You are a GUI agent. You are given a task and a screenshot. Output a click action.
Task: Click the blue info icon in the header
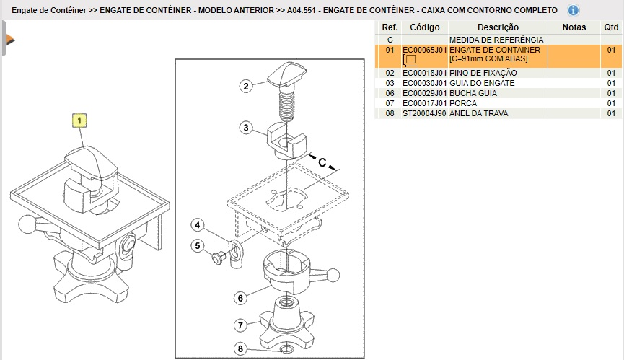[573, 10]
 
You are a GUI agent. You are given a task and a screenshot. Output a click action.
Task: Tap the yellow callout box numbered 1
[79, 120]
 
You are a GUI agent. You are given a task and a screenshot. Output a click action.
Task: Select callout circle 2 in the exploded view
[246, 87]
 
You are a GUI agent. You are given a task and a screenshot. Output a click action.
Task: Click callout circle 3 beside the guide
[246, 128]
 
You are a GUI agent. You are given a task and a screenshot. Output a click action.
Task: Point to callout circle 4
[198, 225]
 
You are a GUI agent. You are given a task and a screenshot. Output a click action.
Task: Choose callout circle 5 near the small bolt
[198, 246]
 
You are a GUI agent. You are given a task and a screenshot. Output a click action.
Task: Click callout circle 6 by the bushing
[240, 298]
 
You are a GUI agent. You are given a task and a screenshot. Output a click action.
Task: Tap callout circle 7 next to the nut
[240, 325]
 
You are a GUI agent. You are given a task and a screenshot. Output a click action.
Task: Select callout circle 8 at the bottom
[240, 349]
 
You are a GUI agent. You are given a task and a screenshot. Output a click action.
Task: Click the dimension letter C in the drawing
[322, 162]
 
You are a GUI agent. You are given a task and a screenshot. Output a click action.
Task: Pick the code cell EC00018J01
[425, 73]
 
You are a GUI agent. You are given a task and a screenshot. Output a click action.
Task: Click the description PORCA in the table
[463, 103]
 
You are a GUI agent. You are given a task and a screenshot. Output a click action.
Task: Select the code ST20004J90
[425, 113]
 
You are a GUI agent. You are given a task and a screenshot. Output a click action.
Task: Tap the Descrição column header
[498, 27]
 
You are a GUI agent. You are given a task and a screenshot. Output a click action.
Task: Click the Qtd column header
[611, 27]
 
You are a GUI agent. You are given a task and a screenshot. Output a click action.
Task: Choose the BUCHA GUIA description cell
[473, 93]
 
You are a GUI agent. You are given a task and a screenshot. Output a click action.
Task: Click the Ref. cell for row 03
[390, 83]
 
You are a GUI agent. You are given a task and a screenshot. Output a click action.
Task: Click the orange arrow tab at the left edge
[9, 40]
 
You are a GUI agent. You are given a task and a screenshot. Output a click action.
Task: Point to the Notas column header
[574, 27]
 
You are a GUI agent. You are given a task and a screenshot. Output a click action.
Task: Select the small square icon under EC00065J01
[410, 60]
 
